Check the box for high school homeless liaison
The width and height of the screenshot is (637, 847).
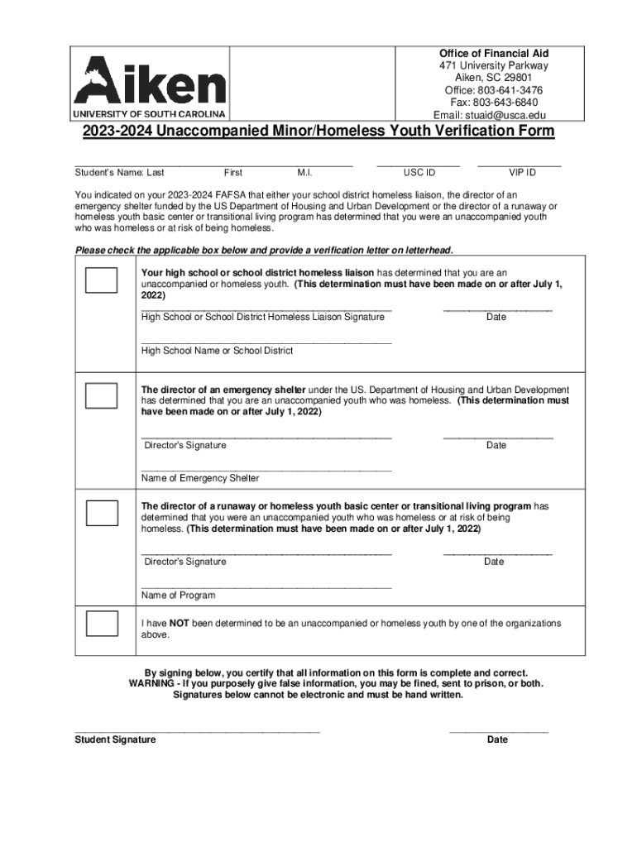coord(102,281)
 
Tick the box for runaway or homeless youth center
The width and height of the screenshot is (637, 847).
coord(102,512)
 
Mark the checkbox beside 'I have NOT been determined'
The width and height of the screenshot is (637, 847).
coord(102,623)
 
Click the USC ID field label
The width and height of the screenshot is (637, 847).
coord(419,173)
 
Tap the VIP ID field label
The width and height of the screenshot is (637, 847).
coord(522,173)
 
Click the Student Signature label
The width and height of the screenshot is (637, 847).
coord(115,739)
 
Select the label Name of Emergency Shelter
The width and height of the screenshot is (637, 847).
coord(200,478)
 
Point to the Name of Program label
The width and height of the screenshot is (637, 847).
coord(178,596)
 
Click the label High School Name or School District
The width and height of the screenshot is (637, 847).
coord(217,351)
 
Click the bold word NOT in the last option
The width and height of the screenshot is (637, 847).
coord(180,623)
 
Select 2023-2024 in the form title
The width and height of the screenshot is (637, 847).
coord(116,132)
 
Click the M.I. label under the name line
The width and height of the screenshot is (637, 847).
coord(304,173)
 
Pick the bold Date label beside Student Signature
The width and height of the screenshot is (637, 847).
coord(497,739)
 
